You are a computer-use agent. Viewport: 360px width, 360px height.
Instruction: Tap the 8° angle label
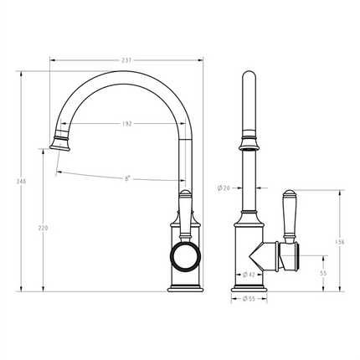[x=127, y=178]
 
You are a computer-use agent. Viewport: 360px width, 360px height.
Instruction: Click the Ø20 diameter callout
[x=223, y=188]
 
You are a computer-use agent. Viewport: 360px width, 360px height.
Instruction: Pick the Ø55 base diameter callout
[x=249, y=298]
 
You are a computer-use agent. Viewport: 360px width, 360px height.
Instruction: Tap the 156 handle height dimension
[x=340, y=242]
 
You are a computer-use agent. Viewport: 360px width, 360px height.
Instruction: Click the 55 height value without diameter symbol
[x=321, y=272]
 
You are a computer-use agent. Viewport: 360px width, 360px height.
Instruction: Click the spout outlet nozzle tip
[x=60, y=141]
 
